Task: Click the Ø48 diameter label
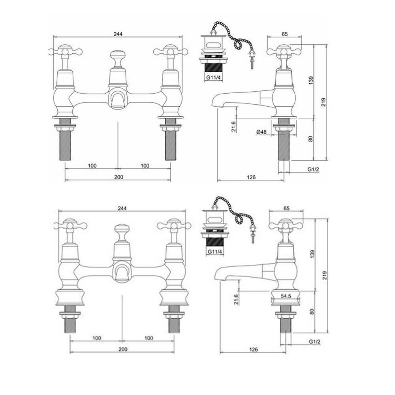coord(261,132)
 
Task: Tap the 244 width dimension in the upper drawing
coord(118,34)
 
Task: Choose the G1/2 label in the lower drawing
coord(314,342)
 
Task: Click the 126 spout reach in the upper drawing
coord(251,177)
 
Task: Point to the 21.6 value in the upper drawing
coord(233,126)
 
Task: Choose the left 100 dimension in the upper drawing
coord(92,166)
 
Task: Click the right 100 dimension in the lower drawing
coord(149,338)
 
